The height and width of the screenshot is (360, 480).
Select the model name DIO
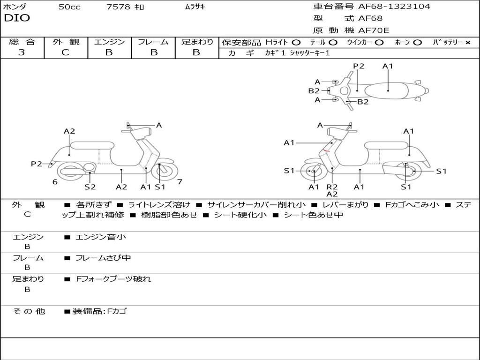[17, 18]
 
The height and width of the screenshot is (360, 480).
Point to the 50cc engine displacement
[69, 7]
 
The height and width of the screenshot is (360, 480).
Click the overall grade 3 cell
[22, 52]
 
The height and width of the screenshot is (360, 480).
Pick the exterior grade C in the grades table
[65, 52]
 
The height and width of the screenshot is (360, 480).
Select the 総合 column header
[22, 42]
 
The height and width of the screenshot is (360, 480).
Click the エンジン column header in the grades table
[109, 42]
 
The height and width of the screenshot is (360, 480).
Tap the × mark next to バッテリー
[467, 43]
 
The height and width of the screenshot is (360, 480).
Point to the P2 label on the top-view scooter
[359, 66]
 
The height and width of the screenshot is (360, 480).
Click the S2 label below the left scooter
[90, 187]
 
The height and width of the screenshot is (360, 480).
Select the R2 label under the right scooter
[332, 187]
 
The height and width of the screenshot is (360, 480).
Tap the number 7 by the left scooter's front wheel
[180, 182]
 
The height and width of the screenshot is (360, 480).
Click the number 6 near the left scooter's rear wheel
[55, 182]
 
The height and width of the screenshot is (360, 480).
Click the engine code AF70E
[374, 30]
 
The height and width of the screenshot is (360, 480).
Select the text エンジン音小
[101, 237]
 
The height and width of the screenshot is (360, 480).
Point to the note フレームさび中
[103, 258]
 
